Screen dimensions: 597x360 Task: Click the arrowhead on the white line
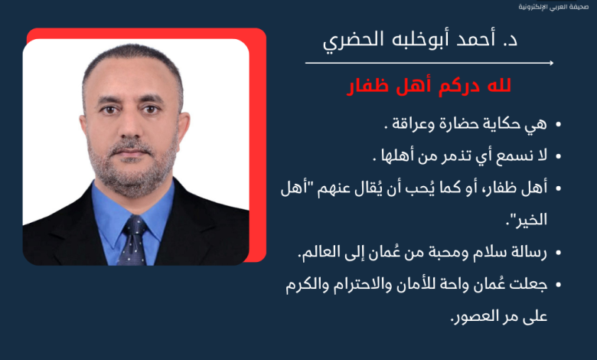(x=551, y=63)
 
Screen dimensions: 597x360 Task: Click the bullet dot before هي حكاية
(x=559, y=124)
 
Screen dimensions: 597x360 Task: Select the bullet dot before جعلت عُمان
(x=559, y=285)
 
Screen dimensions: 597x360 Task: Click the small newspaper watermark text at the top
(x=553, y=7)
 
